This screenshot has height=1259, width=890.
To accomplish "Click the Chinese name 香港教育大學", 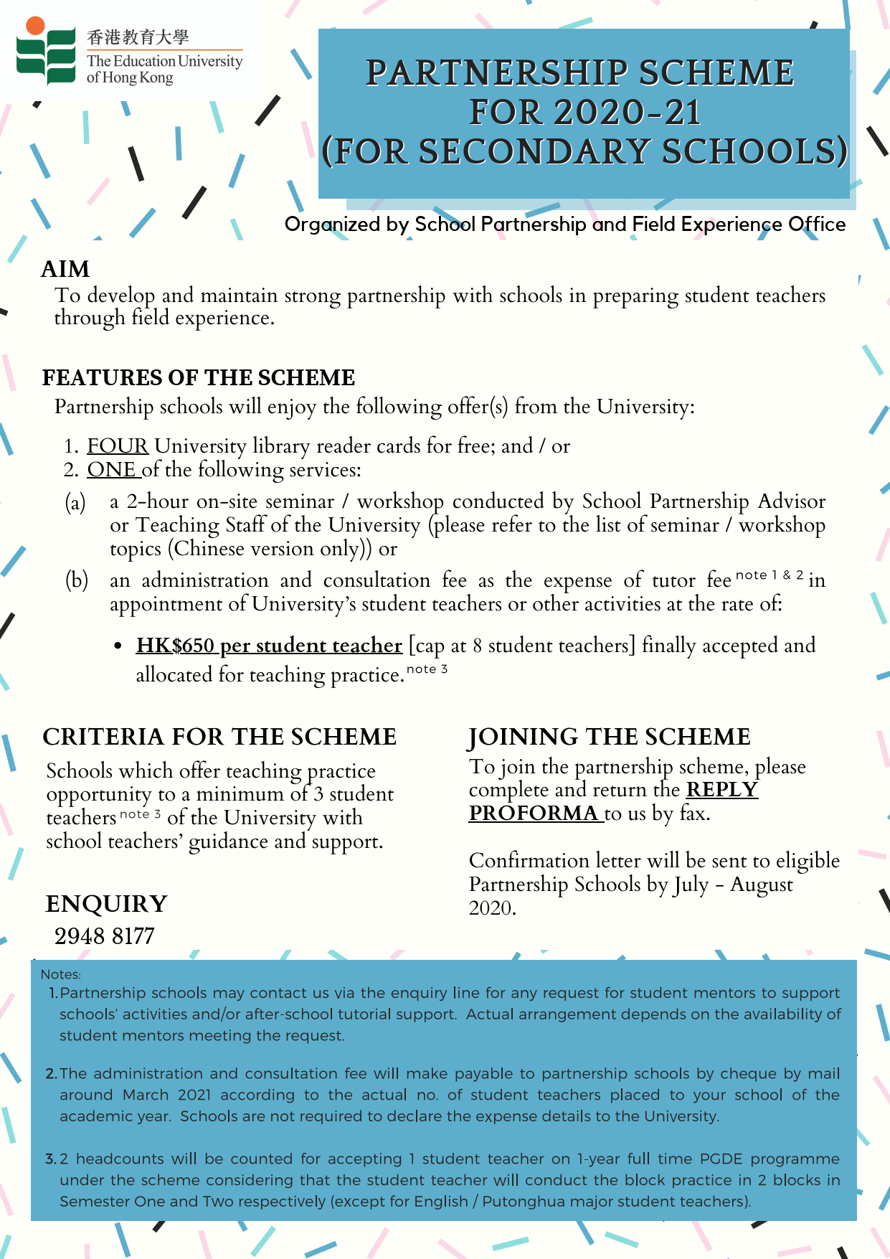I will [x=138, y=37].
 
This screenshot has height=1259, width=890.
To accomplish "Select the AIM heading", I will [x=65, y=269].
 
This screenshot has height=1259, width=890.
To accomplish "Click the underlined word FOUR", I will [x=118, y=446].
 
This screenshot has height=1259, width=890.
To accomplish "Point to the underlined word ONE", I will [x=112, y=470].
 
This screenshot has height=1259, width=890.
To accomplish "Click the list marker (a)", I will [x=75, y=502].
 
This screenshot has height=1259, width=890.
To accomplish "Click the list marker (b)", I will [x=76, y=580].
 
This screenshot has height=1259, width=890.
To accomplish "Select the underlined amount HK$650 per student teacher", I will [x=269, y=646].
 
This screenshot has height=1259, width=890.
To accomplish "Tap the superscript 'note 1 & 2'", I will [x=770, y=575].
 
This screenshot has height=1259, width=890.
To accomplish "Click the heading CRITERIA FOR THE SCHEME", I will [x=219, y=737].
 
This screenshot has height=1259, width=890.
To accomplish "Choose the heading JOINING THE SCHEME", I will [x=609, y=737].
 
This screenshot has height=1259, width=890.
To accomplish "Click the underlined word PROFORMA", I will [x=534, y=814].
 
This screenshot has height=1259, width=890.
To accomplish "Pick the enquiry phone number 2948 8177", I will [x=105, y=936].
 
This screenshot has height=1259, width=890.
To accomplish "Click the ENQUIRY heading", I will [x=106, y=904].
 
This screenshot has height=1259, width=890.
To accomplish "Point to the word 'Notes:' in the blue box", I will [x=61, y=975].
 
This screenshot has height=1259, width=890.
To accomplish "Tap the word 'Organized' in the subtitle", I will [x=332, y=225].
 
